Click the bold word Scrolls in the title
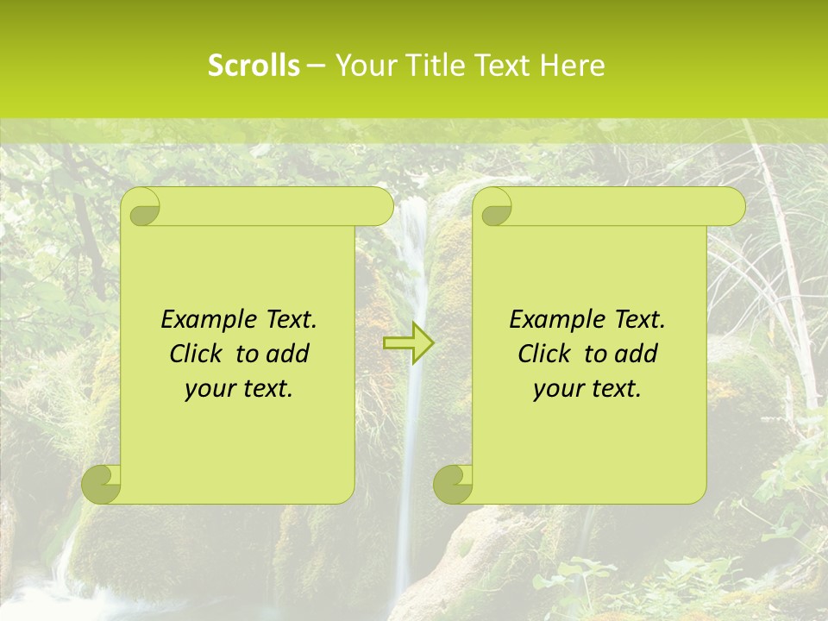click(254, 66)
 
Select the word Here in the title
click(572, 66)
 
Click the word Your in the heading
click(365, 66)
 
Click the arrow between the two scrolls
click(409, 343)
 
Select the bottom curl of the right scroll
click(454, 484)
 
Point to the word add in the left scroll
click(287, 354)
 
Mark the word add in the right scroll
click(636, 354)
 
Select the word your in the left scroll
click(210, 389)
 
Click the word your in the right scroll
click(558, 389)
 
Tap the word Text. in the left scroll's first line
click(291, 320)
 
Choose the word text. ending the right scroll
click(616, 389)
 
